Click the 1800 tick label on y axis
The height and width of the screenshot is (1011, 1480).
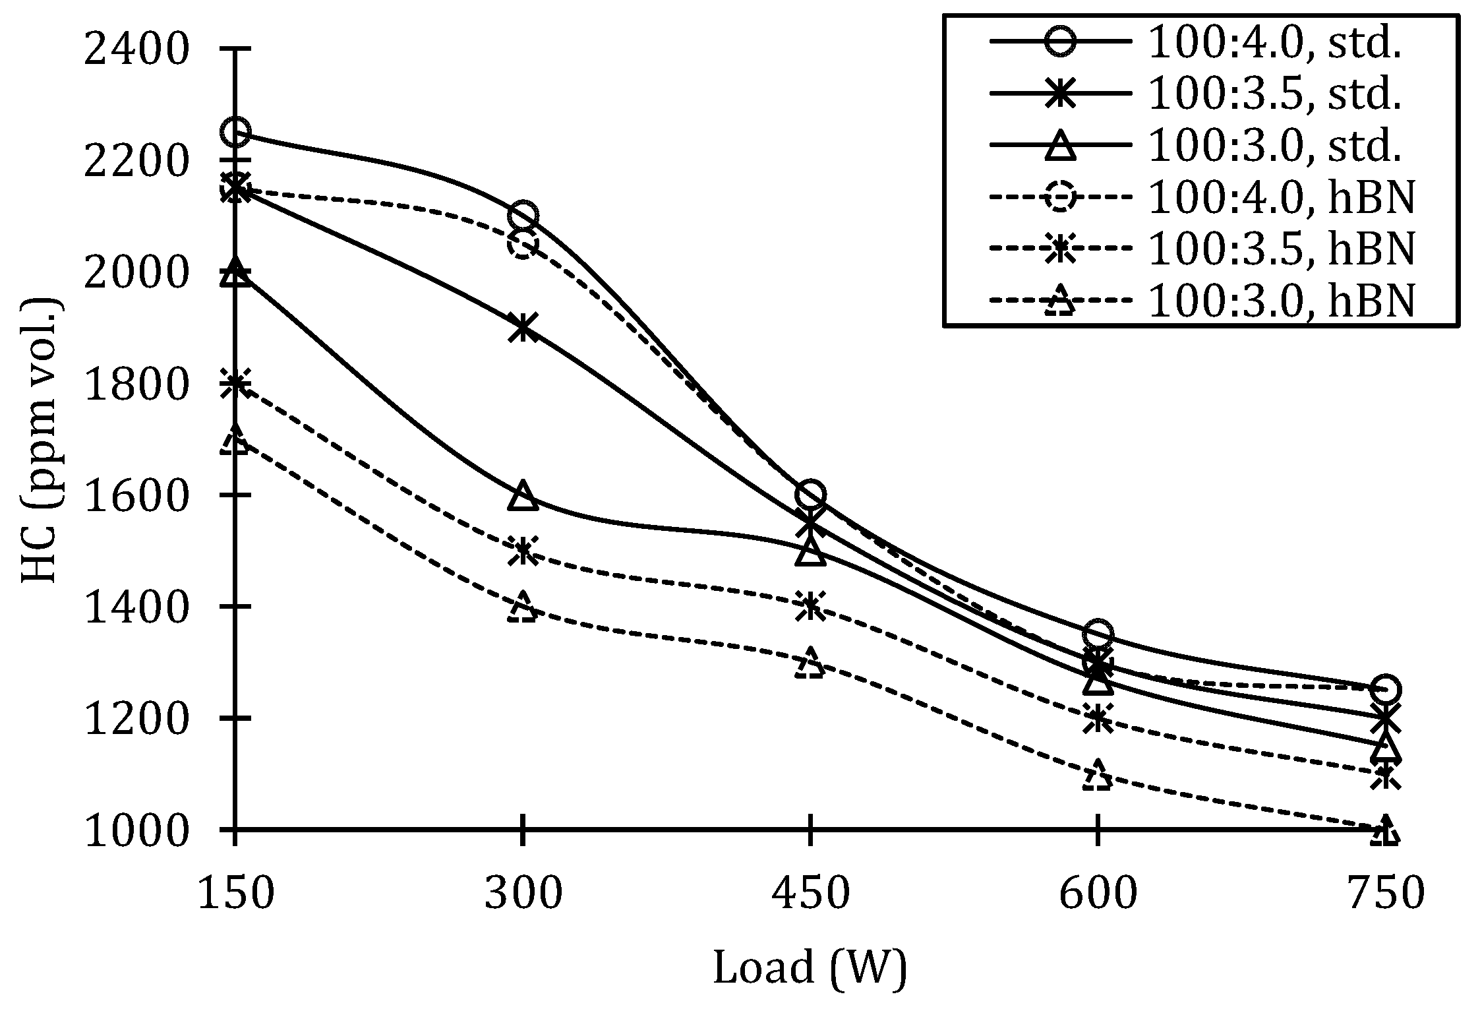point(136,384)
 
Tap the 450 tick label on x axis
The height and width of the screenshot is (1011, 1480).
point(810,894)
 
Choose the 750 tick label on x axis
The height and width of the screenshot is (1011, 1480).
point(1385,894)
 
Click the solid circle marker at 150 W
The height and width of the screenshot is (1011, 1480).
point(235,132)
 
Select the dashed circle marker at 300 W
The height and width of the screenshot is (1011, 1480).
point(523,245)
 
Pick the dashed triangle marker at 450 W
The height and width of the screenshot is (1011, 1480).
point(810,663)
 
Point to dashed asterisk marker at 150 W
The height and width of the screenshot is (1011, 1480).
point(235,384)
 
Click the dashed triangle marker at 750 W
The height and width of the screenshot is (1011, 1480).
point(1385,830)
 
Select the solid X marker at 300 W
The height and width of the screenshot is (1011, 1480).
point(523,328)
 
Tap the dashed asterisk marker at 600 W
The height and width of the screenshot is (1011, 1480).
point(1098,718)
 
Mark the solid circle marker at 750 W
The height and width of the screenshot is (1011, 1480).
point(1385,689)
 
